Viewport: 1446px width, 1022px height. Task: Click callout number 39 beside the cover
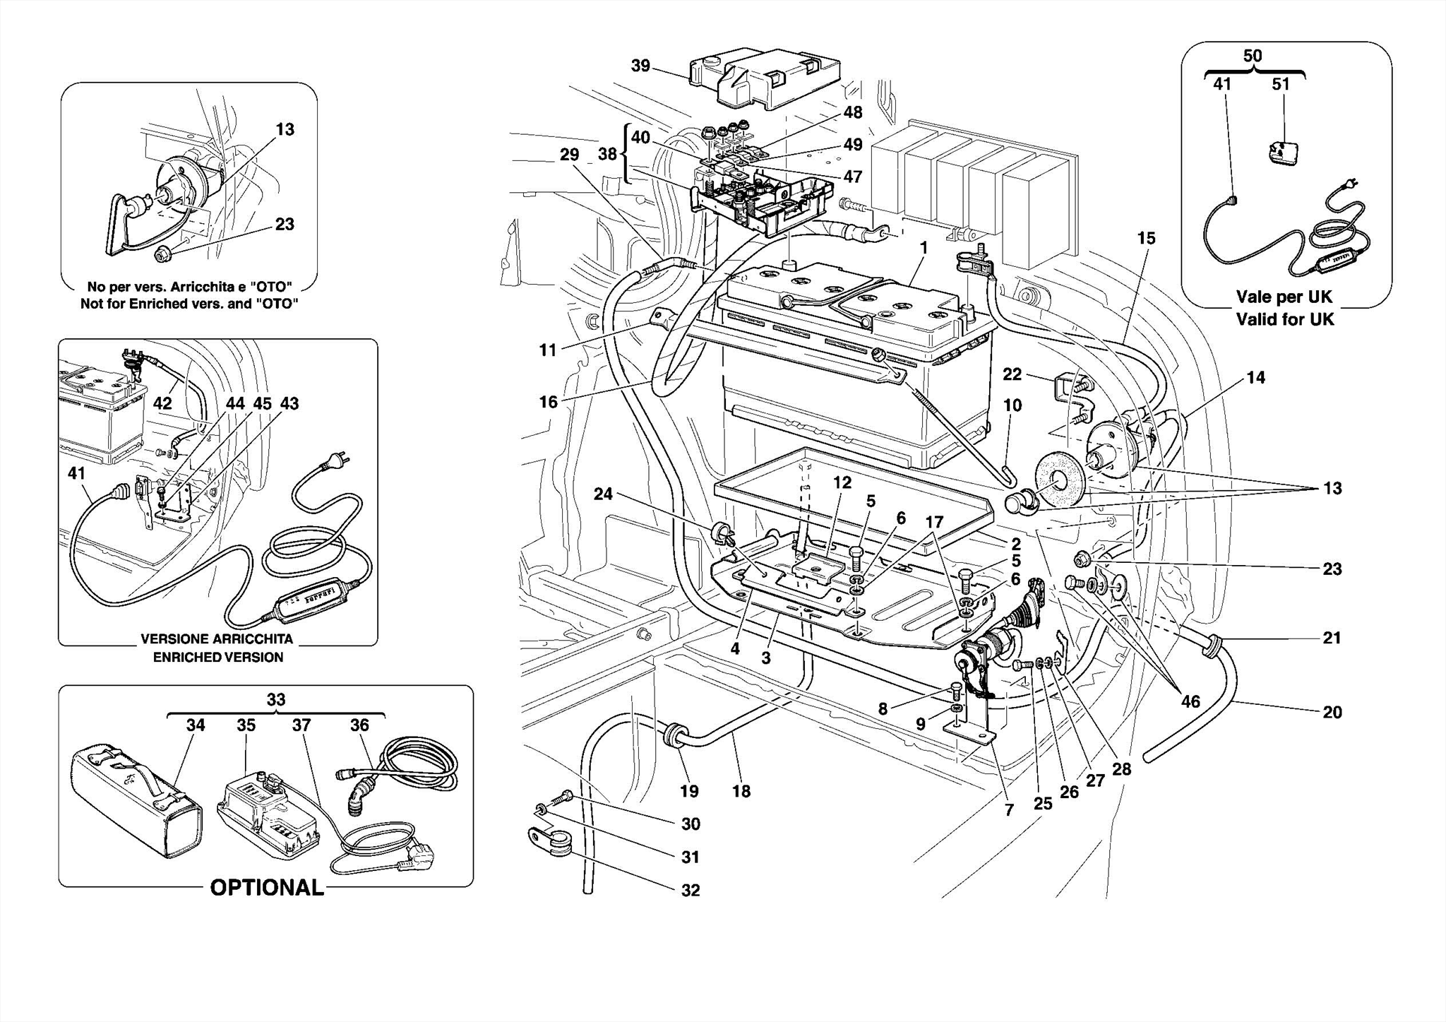(x=640, y=66)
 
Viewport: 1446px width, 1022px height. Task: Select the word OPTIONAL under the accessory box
(x=267, y=888)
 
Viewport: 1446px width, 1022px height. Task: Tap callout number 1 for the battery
(x=923, y=248)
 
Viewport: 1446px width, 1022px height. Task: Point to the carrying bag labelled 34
(x=136, y=800)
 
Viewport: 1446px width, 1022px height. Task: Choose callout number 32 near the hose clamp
(x=691, y=890)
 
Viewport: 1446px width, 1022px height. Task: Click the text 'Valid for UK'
(x=1285, y=319)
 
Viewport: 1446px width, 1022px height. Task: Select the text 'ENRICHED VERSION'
(x=218, y=657)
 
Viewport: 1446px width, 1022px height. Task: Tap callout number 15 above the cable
(x=1146, y=238)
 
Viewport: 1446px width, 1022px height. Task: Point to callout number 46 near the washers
(x=1190, y=701)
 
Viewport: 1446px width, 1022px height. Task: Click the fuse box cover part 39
(x=765, y=78)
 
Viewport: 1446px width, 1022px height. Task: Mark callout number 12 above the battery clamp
(x=842, y=482)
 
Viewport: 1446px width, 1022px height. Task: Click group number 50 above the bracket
(x=1253, y=56)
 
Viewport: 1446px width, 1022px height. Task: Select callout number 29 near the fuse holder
(x=569, y=154)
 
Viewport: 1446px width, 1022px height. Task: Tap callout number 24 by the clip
(x=602, y=494)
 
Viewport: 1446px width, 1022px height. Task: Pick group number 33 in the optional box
(x=275, y=699)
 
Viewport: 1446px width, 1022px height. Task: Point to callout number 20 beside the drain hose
(x=1332, y=712)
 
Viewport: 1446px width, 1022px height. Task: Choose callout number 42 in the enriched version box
(x=162, y=403)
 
